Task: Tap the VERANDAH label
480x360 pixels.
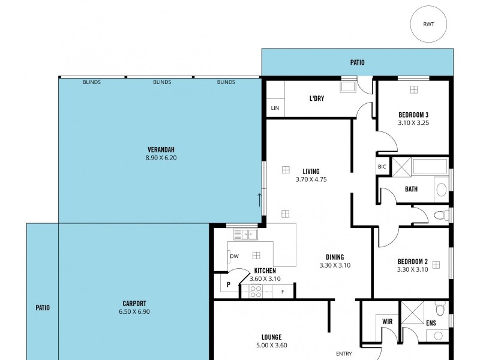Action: pyautogui.click(x=161, y=149)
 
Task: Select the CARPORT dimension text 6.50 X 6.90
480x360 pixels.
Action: pyautogui.click(x=134, y=312)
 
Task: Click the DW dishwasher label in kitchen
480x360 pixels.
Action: pyautogui.click(x=234, y=256)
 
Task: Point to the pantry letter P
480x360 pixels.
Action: pyautogui.click(x=229, y=285)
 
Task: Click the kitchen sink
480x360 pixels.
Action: pyautogui.click(x=245, y=234)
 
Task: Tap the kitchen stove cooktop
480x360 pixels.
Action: pyautogui.click(x=255, y=292)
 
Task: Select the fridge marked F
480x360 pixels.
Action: pyautogui.click(x=283, y=292)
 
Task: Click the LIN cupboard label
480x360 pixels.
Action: pyautogui.click(x=275, y=108)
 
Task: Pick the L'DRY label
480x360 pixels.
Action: pyautogui.click(x=317, y=98)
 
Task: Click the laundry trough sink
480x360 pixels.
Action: pyautogui.click(x=349, y=86)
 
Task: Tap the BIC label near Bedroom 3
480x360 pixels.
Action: pyautogui.click(x=382, y=167)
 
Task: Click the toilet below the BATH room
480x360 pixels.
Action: pyautogui.click(x=440, y=215)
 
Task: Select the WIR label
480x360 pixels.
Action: pyautogui.click(x=387, y=322)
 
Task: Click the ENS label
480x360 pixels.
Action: pyautogui.click(x=431, y=323)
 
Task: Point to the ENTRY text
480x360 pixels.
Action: pyautogui.click(x=344, y=353)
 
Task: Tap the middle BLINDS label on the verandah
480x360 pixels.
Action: pyautogui.click(x=162, y=82)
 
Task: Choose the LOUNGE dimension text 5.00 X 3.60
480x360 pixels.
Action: pyautogui.click(x=271, y=345)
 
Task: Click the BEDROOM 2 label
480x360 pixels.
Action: pyautogui.click(x=412, y=262)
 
